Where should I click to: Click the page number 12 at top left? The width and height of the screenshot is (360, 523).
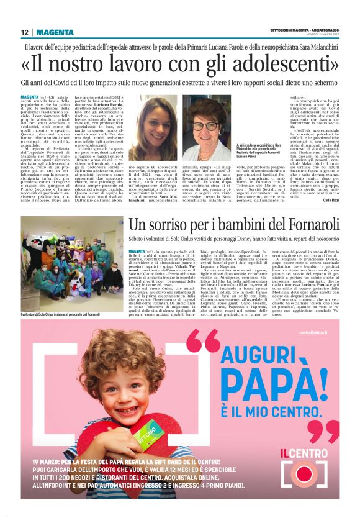24,32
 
